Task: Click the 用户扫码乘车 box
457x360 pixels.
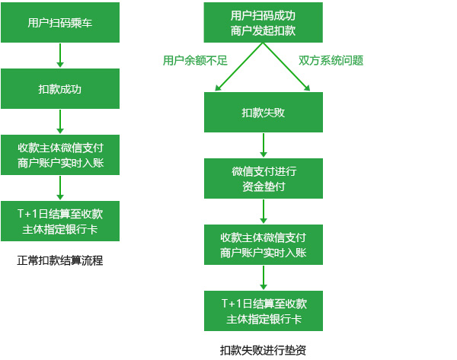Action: coord(60,23)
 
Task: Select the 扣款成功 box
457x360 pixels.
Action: coord(60,89)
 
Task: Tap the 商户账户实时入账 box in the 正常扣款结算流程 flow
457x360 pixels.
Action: coord(60,155)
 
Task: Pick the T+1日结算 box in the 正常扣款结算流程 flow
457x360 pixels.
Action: coord(60,221)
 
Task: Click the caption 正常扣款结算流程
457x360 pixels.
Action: coord(60,260)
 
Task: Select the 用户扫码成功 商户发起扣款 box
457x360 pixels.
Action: coord(263,23)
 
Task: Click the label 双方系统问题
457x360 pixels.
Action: coord(331,60)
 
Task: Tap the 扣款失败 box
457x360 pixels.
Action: coord(263,113)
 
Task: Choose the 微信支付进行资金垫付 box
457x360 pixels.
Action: coord(263,178)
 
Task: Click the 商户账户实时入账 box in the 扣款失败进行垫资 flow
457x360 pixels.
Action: coord(263,244)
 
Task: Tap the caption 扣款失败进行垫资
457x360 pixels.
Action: coord(263,350)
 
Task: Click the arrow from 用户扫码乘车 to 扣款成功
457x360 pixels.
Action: coord(60,56)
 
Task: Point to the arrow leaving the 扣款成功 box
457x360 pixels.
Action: coord(60,122)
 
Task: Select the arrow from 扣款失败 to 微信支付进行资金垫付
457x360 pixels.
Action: coord(263,145)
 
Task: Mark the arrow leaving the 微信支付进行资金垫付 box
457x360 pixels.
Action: coord(263,211)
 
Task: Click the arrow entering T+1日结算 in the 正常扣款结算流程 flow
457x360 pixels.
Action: coord(60,188)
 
